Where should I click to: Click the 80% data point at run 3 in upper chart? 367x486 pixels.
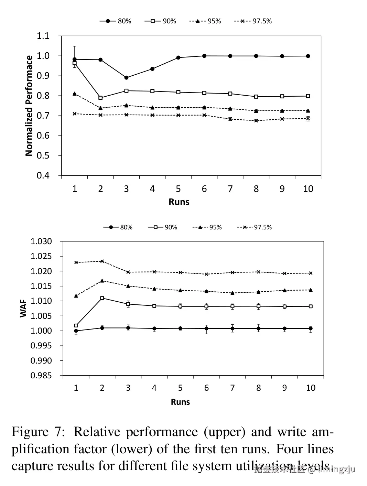pos(126,78)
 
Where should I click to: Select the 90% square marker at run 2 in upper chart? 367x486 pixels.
pos(100,98)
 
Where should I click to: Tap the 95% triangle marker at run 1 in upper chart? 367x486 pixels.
pos(75,94)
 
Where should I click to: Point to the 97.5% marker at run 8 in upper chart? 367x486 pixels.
pos(256,121)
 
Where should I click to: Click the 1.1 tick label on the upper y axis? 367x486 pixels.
pos(43,36)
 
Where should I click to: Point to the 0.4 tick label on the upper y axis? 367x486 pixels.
pos(43,175)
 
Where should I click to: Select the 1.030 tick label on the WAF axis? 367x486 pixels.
pos(41,241)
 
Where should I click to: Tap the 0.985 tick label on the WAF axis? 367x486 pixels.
pos(41,376)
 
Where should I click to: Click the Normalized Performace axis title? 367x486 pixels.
pos(29,106)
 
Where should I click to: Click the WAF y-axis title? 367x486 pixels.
pos(23,309)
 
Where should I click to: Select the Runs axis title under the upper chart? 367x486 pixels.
pos(179,202)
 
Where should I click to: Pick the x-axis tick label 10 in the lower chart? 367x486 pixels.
pos(311,388)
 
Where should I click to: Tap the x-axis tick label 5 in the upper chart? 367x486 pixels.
pos(178,189)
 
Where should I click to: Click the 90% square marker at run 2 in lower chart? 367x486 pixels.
pos(102,298)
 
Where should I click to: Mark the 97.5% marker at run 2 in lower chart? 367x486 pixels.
pos(102,261)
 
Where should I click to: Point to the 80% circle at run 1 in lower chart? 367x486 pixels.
pos(76,331)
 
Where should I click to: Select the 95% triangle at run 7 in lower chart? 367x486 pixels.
pos(233,293)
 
